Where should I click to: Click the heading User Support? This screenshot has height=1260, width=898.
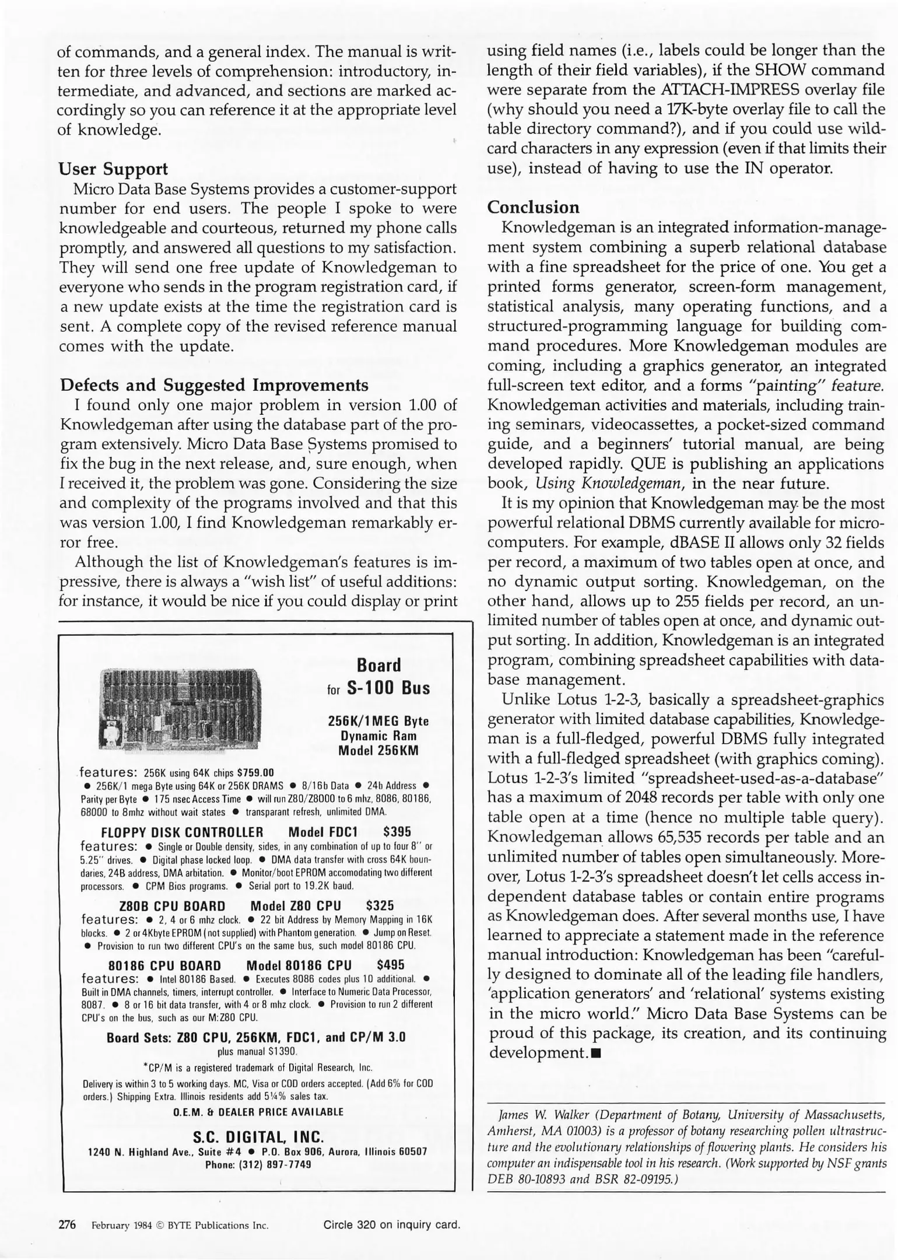click(113, 169)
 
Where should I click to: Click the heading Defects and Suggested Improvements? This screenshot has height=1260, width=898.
click(214, 385)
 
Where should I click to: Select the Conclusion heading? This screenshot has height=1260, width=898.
click(533, 207)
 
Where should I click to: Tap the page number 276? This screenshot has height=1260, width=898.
click(68, 1224)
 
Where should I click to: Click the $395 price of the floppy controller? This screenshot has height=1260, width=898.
click(397, 831)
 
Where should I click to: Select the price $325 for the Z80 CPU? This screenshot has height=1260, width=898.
click(380, 905)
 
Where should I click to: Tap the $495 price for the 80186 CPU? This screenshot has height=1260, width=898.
click(391, 964)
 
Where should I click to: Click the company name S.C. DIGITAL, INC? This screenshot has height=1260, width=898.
click(258, 1137)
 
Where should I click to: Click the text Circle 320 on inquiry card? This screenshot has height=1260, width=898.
click(392, 1225)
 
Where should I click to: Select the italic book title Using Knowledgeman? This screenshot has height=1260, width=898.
click(609, 484)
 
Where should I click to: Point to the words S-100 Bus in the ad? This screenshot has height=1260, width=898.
click(388, 688)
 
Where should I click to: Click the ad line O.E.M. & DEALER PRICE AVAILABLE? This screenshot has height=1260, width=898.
click(258, 1112)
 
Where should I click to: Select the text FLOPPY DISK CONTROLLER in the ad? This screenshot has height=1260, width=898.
click(182, 832)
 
